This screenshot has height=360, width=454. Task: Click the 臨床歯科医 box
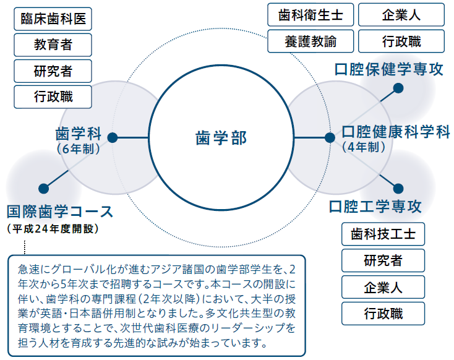(x=53, y=19)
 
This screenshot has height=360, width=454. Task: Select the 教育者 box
(x=53, y=45)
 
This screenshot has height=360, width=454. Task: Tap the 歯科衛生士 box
(x=311, y=15)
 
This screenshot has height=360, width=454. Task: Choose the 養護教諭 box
(x=311, y=41)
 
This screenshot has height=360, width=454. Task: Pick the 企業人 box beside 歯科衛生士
(x=401, y=15)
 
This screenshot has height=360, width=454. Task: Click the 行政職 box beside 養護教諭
(x=401, y=41)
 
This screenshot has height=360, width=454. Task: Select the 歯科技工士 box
(x=383, y=234)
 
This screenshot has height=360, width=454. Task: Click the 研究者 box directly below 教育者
(x=53, y=71)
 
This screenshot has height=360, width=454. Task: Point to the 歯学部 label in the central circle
(x=221, y=138)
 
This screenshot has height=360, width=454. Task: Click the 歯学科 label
(x=79, y=134)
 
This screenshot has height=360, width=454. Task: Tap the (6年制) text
(x=79, y=149)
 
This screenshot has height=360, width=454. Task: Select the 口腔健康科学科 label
(x=396, y=132)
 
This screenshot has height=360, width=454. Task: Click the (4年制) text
(x=364, y=147)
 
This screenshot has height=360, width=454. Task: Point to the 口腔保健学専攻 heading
(x=389, y=69)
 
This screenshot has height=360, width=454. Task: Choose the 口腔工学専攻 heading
(x=375, y=207)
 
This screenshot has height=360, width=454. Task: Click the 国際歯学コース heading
(x=59, y=211)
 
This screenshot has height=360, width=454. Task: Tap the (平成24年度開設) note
(x=53, y=228)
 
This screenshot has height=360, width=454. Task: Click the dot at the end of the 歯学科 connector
(x=113, y=137)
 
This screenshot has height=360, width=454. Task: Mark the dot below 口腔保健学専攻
(x=398, y=88)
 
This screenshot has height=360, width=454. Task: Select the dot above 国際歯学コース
(x=43, y=189)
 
